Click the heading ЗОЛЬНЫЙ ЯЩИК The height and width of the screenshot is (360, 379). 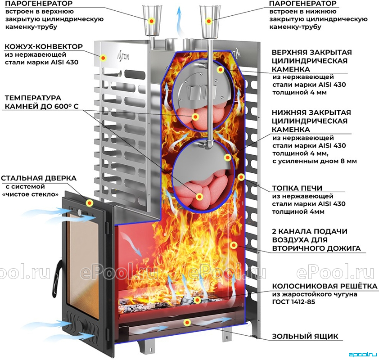point(305,336)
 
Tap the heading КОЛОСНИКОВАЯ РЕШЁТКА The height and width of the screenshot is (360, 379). point(325,286)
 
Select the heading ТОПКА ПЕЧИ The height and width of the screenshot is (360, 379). point(297,188)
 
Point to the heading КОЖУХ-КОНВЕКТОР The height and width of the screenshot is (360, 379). point(44,46)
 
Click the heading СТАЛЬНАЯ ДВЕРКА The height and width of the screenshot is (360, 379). point(39,178)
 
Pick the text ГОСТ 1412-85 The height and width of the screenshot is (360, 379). point(293,302)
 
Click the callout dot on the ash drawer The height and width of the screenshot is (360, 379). point(187,322)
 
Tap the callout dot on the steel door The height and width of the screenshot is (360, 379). point(90,202)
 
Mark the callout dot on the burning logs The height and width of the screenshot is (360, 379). point(198,300)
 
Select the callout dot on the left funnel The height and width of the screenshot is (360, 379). point(152,21)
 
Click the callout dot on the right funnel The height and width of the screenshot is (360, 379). point(209,21)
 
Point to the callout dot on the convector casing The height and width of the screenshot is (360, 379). point(104,58)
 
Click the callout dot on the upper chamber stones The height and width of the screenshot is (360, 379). point(195,117)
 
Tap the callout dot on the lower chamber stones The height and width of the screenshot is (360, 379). point(199,197)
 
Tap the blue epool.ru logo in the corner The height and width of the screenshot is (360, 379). point(362,355)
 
